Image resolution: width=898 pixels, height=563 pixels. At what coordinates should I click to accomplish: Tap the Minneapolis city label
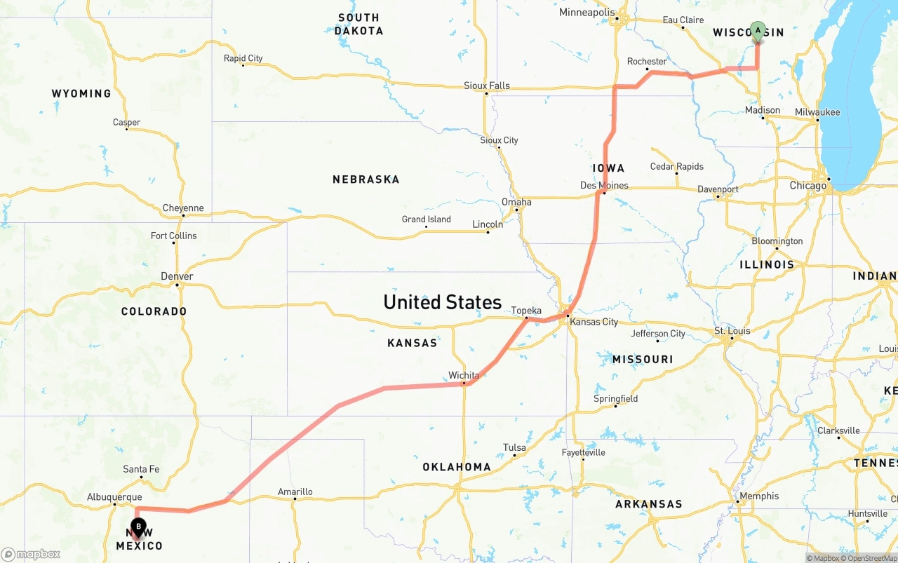(x=587, y=13)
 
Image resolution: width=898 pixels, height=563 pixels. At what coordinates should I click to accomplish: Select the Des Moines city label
(x=604, y=185)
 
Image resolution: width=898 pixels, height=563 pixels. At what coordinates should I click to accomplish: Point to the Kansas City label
(x=594, y=322)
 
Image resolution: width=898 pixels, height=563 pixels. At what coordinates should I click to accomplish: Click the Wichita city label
(x=464, y=375)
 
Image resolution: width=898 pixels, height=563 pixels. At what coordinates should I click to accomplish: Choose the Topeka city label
(x=526, y=311)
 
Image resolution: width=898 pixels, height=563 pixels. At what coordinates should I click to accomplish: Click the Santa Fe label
(x=141, y=469)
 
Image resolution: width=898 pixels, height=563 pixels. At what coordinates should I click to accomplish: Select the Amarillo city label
(x=295, y=491)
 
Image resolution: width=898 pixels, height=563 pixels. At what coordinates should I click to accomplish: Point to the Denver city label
(x=177, y=276)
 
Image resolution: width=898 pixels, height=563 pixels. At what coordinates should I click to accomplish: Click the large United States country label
(x=442, y=302)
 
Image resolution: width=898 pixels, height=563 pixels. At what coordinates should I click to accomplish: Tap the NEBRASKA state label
(x=366, y=179)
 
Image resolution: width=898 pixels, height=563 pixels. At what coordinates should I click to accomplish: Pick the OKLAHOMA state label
(x=456, y=467)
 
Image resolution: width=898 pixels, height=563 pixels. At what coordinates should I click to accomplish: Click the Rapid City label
(x=243, y=58)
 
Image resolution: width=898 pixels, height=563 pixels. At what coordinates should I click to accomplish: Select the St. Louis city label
(x=732, y=331)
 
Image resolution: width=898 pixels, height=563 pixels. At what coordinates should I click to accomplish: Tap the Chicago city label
(x=807, y=186)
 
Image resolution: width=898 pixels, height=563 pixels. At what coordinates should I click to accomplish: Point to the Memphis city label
(x=758, y=496)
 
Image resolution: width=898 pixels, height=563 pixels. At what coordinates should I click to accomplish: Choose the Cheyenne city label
(x=183, y=208)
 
